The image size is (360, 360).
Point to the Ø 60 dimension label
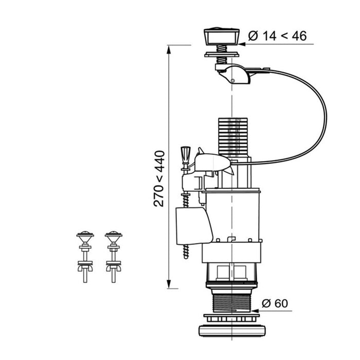click(x=275, y=303)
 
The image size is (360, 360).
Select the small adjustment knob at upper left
click(x=186, y=154)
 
